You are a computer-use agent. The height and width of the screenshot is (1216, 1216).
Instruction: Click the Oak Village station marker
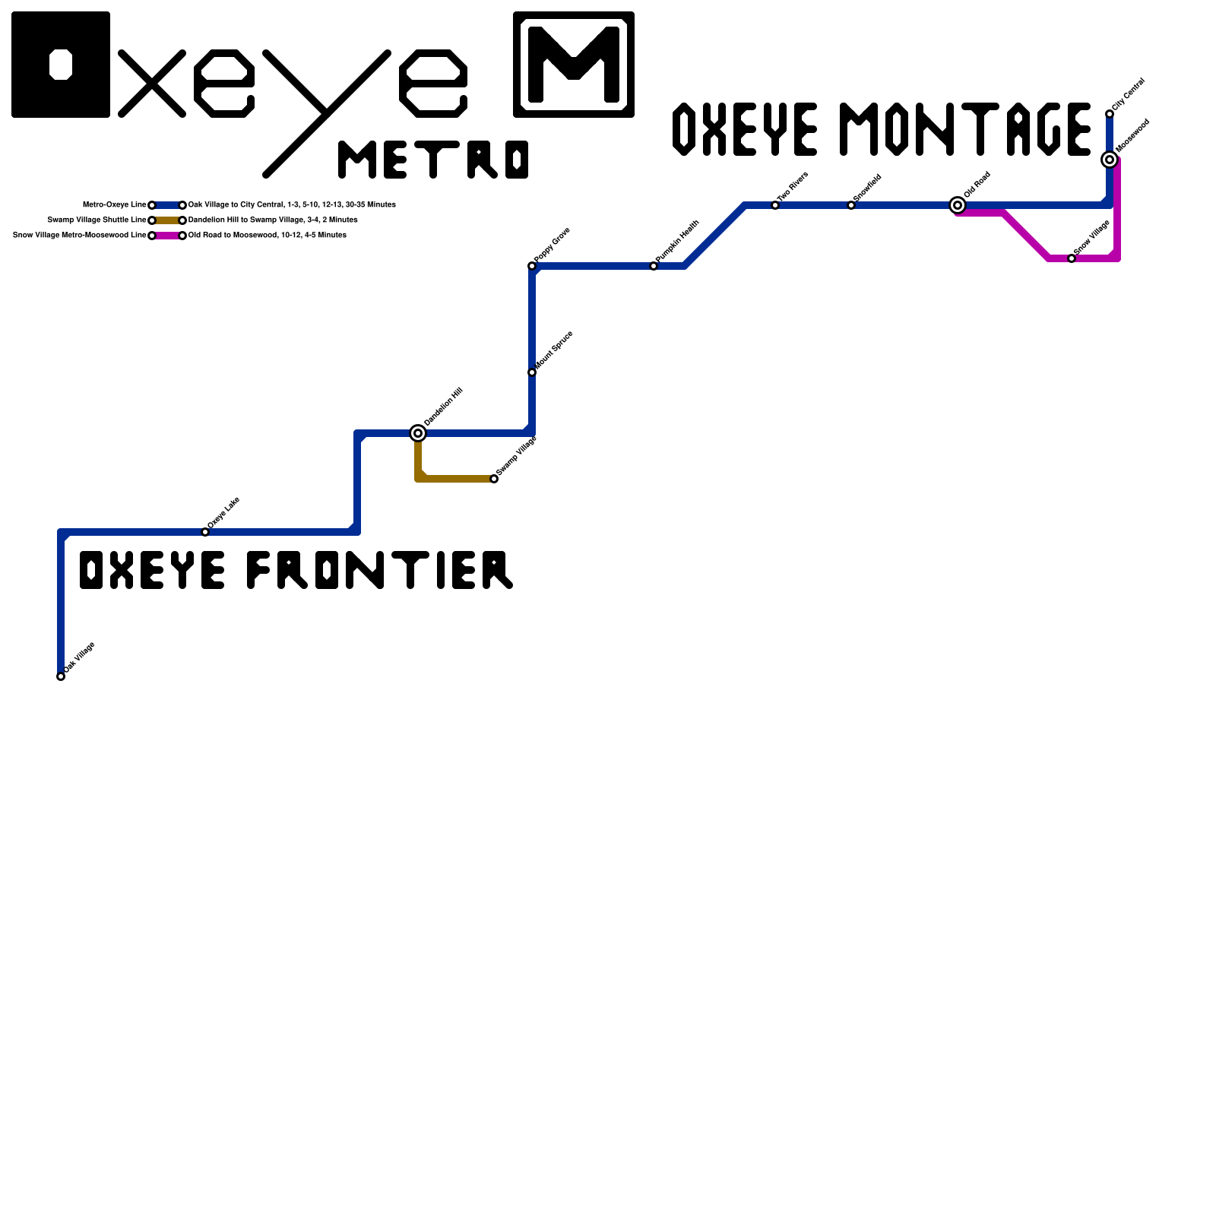pyautogui.click(x=61, y=676)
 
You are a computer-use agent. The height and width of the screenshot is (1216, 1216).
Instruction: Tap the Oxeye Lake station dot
pyautogui.click(x=205, y=532)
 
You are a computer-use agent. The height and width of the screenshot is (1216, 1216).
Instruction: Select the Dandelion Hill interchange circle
pyautogui.click(x=418, y=433)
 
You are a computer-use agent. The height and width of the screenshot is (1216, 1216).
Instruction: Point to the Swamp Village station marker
pyautogui.click(x=494, y=479)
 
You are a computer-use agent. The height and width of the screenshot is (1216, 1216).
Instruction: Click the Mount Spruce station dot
pyautogui.click(x=532, y=372)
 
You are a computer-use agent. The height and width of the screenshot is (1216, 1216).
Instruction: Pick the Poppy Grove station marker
pyautogui.click(x=532, y=266)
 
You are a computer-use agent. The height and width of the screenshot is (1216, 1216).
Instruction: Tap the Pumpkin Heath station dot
pyautogui.click(x=654, y=266)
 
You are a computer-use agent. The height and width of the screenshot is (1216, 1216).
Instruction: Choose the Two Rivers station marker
pyautogui.click(x=775, y=205)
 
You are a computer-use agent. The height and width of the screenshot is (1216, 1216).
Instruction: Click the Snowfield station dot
pyautogui.click(x=851, y=205)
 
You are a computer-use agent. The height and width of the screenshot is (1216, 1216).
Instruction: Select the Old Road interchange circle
pyautogui.click(x=958, y=205)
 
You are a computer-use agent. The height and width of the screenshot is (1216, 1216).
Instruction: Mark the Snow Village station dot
pyautogui.click(x=1072, y=258)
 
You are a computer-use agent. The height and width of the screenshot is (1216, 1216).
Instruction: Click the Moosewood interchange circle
pyautogui.click(x=1110, y=160)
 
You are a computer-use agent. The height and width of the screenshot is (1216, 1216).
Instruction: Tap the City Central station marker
pyautogui.click(x=1110, y=114)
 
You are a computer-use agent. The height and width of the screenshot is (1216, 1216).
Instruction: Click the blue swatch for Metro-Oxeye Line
pyautogui.click(x=167, y=205)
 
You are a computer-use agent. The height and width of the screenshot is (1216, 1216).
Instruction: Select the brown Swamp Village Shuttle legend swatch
pyautogui.click(x=167, y=220)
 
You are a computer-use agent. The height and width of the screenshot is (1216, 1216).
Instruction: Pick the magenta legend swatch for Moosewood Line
pyautogui.click(x=167, y=236)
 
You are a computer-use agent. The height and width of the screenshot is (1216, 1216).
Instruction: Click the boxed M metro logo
pyautogui.click(x=574, y=65)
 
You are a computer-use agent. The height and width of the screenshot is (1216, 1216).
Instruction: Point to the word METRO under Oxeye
pyautogui.click(x=433, y=160)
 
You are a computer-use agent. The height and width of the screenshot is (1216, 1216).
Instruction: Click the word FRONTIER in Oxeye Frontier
pyautogui.click(x=380, y=570)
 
